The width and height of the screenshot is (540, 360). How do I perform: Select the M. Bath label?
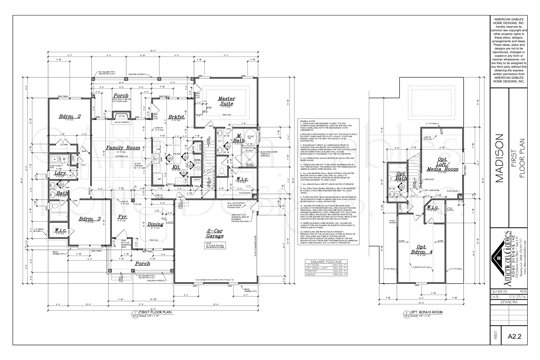click(x=241, y=139)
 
